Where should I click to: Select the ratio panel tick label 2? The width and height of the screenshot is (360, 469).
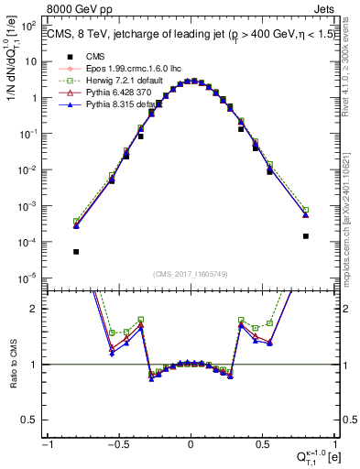(34, 309)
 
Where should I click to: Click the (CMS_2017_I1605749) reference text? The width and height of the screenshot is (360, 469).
(190, 274)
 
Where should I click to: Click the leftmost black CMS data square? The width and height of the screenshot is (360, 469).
(76, 251)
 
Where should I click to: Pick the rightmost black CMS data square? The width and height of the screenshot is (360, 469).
(305, 235)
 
